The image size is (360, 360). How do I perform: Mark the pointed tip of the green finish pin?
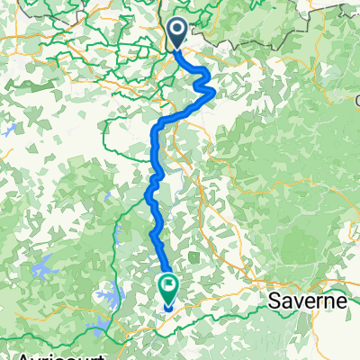point(169,304)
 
